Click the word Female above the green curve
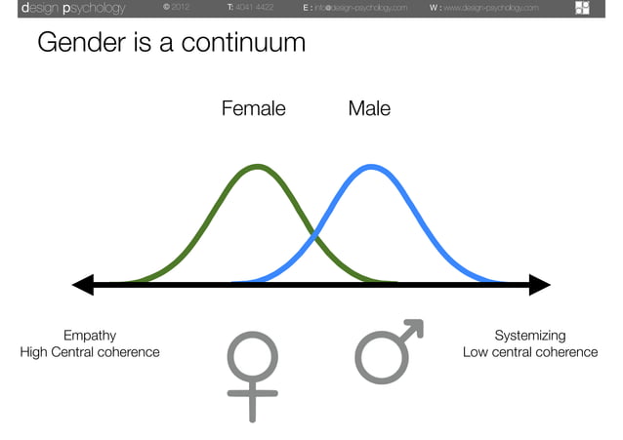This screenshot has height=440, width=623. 253,108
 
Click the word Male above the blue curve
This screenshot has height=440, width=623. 369,108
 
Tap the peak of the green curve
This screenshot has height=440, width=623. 256,167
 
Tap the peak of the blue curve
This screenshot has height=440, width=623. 371,167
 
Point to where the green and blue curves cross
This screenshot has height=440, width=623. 313,234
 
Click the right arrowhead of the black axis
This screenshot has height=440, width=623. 539,285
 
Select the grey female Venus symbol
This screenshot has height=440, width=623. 252,375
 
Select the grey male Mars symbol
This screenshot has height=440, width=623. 388,350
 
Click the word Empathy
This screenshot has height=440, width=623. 90,336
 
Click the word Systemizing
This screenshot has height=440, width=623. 529,336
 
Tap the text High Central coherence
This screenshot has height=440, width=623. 90,352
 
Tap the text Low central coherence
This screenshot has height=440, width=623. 529,352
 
